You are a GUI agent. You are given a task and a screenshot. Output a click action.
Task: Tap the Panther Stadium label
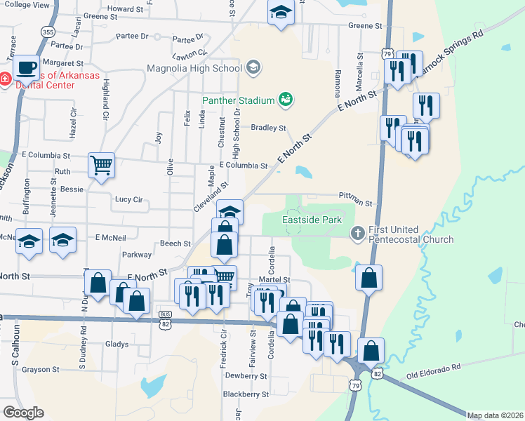pos(237,100)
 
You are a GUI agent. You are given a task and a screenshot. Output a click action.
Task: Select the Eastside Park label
pos(312,220)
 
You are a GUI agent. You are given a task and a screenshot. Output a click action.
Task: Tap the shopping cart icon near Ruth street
pos(101,166)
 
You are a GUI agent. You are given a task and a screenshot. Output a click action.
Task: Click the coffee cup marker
pos(26,68)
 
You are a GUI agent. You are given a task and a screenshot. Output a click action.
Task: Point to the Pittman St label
pos(355,199)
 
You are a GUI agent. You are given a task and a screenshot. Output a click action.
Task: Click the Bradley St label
pos(269,128)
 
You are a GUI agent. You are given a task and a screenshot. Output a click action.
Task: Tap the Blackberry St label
pos(246,394)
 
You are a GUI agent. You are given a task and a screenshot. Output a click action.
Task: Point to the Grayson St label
pos(40,369)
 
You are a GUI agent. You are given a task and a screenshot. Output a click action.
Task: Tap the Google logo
pos(23,412)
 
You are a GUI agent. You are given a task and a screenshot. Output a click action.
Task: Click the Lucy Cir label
pos(128,199)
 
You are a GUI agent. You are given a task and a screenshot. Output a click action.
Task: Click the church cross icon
pos(357,231)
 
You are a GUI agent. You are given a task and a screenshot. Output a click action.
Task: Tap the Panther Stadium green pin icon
pos(285,100)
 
